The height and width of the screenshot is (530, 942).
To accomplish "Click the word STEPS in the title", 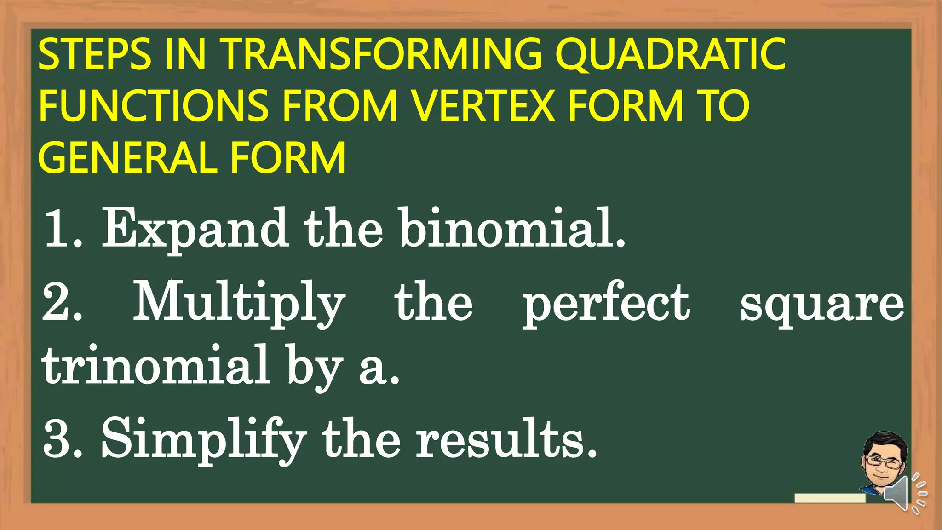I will [x=94, y=55].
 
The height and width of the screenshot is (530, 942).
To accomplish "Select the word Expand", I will [x=195, y=229].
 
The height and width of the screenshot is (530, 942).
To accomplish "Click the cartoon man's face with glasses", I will [x=882, y=462].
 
